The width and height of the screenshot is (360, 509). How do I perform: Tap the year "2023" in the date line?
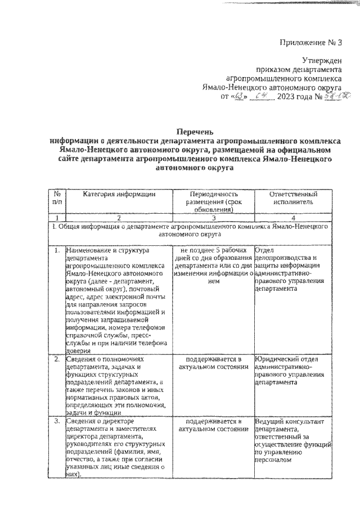(x=289, y=97)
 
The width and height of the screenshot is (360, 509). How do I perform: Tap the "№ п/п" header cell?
(x=57, y=197)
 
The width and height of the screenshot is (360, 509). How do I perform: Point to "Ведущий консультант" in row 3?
(x=289, y=421)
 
